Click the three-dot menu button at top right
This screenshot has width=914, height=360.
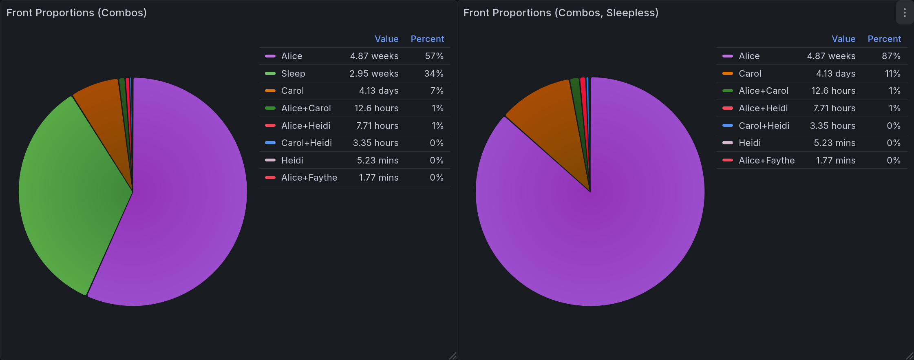click(x=904, y=13)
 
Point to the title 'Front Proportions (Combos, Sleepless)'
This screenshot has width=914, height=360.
click(x=561, y=13)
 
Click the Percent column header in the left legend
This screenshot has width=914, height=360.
click(x=427, y=39)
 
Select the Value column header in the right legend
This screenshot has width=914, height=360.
click(x=843, y=39)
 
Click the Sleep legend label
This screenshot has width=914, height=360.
click(x=293, y=74)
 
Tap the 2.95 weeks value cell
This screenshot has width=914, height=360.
click(x=373, y=74)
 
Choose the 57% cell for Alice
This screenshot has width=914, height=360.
click(x=434, y=56)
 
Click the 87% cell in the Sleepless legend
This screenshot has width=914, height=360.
click(x=891, y=56)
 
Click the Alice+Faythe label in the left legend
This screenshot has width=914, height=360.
click(x=309, y=178)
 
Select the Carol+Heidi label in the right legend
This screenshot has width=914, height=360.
click(x=764, y=126)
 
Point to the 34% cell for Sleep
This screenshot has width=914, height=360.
click(x=433, y=74)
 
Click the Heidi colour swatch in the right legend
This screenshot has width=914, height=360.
click(x=727, y=143)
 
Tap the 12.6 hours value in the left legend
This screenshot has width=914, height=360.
click(x=376, y=108)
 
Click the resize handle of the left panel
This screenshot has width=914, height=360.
click(x=453, y=356)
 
